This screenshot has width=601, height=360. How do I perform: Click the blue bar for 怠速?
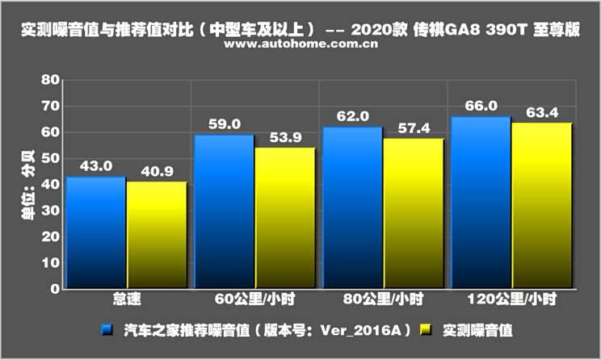[96, 232]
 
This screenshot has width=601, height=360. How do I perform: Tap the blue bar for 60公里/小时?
[224, 211]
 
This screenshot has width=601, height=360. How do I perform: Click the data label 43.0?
[96, 166]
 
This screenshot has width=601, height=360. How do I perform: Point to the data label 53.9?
[284, 137]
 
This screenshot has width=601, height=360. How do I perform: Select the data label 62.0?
[353, 116]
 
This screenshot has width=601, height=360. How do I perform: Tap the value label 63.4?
[541, 112]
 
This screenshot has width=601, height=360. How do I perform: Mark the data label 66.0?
[481, 106]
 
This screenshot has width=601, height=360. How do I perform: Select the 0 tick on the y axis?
[55, 288]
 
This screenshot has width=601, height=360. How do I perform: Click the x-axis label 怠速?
[127, 300]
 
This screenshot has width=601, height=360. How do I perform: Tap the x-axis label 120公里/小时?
[511, 300]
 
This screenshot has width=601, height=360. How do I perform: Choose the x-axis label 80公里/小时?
[382, 300]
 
